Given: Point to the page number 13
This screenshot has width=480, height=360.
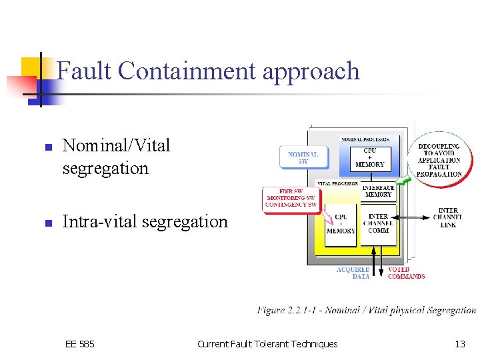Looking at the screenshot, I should [x=460, y=344].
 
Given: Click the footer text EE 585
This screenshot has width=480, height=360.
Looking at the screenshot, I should [x=80, y=344].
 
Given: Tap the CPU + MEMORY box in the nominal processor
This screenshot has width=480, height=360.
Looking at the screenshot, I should [x=370, y=157].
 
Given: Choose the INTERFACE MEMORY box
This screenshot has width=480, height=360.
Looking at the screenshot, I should [x=378, y=191].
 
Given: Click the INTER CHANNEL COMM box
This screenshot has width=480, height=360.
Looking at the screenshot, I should [x=378, y=223].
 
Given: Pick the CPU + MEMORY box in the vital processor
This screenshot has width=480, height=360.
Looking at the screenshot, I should [x=341, y=224].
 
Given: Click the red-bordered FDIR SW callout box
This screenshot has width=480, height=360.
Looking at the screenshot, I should [x=291, y=198].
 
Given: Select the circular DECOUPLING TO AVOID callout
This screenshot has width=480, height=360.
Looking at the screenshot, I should [x=439, y=160].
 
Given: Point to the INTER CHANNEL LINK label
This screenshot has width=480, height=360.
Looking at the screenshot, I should [x=448, y=218].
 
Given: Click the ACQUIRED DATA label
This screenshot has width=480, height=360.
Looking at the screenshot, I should [x=353, y=273].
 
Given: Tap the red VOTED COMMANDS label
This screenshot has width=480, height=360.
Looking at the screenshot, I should [x=406, y=273].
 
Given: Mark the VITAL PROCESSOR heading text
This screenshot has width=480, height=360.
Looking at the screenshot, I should [x=337, y=183].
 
